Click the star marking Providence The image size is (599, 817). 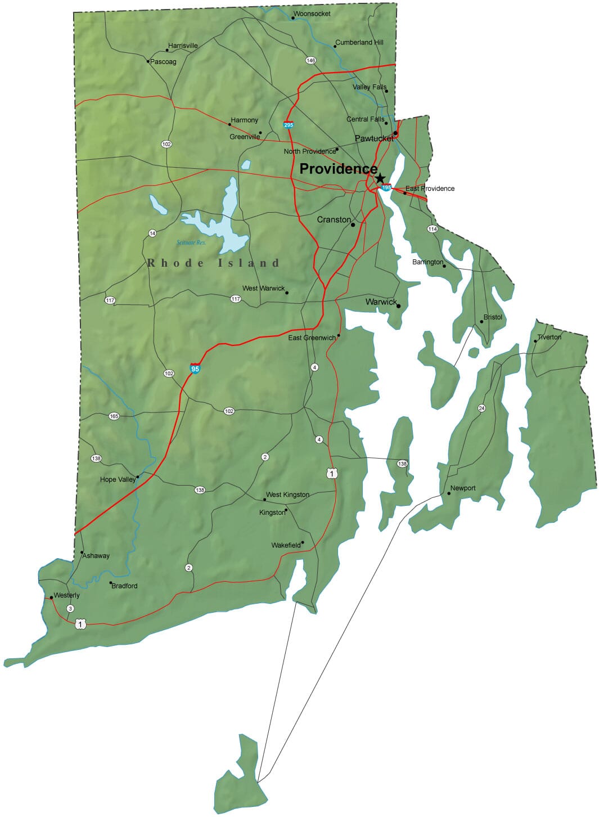click(380, 178)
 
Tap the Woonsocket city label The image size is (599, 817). click(312, 14)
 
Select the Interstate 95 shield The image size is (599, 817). click(195, 369)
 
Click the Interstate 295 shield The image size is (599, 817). click(289, 124)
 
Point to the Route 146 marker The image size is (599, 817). click(310, 60)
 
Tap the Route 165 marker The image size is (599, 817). click(114, 416)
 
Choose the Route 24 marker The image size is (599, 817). click(481, 408)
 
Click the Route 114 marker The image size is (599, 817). click(432, 229)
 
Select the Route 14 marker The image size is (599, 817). click(152, 233)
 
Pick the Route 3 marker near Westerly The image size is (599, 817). click(70, 608)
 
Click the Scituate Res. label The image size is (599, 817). click(191, 243)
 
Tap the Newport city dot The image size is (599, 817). click(449, 494)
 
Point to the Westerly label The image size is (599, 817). click(67, 595)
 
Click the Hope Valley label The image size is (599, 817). click(118, 479)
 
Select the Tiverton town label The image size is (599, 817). click(549, 337)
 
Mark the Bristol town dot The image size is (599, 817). click(481, 322)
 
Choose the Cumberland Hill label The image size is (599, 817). click(359, 42)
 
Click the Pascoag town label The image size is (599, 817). click(163, 62)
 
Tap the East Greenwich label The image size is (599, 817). click(312, 338)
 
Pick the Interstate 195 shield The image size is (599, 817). click(386, 187)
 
